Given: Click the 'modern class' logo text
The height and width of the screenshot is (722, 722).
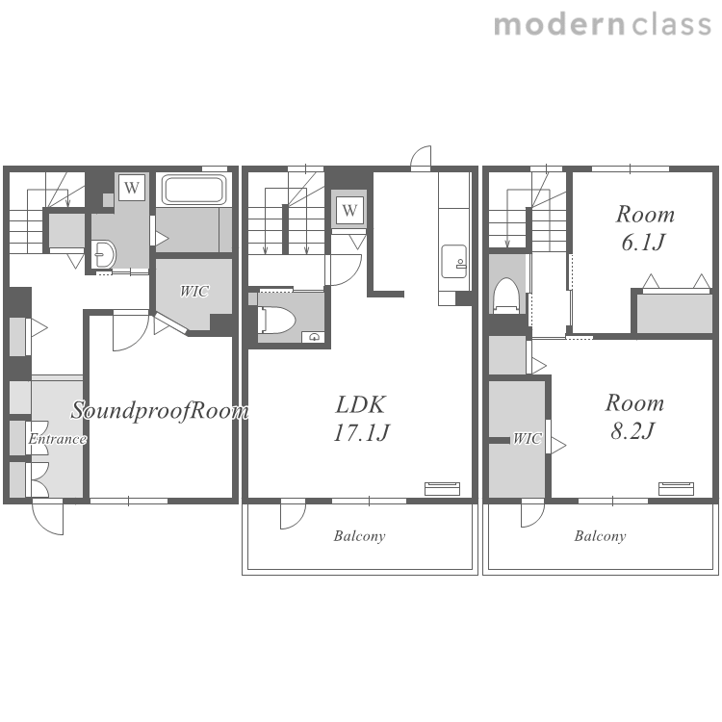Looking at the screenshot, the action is click(603, 25).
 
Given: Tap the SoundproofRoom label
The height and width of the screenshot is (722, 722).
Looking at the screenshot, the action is click(160, 410).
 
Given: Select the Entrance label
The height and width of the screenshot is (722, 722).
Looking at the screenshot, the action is click(57, 439).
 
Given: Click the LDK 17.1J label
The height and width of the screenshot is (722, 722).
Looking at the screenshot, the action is click(361, 418).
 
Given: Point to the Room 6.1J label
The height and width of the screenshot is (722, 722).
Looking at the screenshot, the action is click(645, 228).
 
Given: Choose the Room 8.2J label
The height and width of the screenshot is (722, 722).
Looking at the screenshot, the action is click(634, 417).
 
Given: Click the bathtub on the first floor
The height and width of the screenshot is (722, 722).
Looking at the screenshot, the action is click(193, 190).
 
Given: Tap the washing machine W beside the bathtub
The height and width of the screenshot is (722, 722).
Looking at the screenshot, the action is click(132, 188).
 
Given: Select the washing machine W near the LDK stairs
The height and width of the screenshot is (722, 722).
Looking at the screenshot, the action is click(349, 211).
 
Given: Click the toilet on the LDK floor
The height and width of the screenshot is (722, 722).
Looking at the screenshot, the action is click(277, 320).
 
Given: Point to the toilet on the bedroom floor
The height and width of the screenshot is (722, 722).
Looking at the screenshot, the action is click(506, 296).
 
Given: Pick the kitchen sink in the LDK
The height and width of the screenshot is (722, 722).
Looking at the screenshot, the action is click(454, 262).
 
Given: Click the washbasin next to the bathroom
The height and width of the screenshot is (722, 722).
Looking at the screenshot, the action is click(103, 254).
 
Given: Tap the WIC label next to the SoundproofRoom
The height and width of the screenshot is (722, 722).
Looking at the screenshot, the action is click(193, 291).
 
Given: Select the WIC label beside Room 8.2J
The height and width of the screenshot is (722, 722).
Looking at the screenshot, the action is click(528, 438).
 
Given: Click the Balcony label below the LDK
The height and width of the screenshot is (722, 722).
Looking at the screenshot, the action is click(360, 536).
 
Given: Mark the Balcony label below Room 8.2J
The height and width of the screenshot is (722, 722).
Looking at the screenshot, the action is click(600, 536).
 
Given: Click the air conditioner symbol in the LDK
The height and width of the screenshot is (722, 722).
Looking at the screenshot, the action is click(442, 488).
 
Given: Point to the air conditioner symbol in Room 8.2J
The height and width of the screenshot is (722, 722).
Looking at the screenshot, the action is click(676, 488).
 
